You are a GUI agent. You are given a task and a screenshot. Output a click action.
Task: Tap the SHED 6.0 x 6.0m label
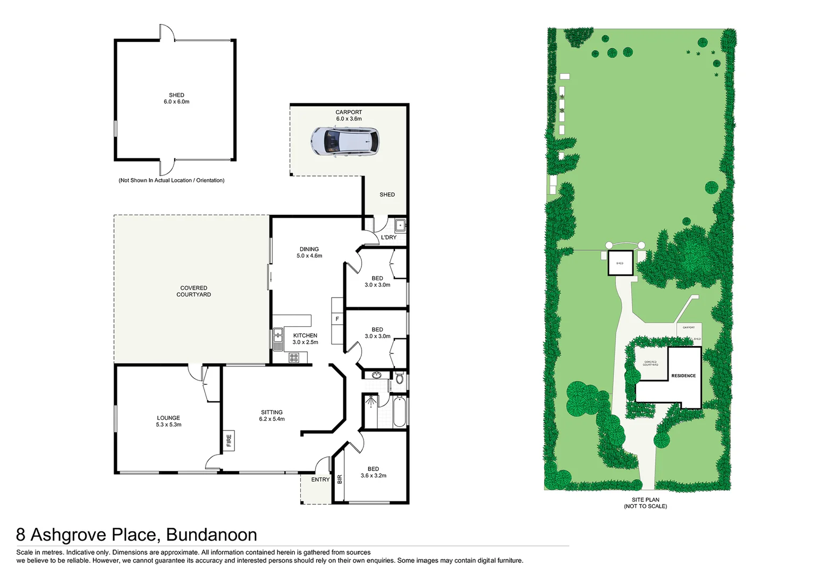[176, 98]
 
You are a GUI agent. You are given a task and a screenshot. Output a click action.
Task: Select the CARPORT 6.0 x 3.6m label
[349, 115]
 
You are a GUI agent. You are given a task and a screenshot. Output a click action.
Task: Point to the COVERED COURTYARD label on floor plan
[193, 291]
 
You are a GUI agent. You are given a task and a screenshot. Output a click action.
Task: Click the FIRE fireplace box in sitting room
[229, 440]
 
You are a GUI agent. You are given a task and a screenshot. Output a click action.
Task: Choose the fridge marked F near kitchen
[337, 319]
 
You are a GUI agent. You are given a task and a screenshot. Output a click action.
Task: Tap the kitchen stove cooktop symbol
[294, 358]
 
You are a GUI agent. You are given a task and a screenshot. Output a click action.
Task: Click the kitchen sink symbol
[278, 339]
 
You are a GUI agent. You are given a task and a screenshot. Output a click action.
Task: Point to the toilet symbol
[400, 379]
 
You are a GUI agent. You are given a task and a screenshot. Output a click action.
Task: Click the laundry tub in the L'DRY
[400, 225]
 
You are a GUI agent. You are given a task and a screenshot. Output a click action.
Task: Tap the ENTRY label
[320, 479]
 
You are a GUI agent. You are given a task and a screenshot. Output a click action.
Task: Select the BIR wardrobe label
[340, 479]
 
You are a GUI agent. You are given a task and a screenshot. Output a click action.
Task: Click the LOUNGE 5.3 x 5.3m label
[168, 421]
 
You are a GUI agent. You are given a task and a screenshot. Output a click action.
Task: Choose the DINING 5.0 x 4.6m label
[309, 252]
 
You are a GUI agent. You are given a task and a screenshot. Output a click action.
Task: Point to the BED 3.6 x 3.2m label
[373, 472]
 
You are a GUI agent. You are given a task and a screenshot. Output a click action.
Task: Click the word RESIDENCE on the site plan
[683, 376]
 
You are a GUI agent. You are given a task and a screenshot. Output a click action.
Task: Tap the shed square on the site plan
[620, 263]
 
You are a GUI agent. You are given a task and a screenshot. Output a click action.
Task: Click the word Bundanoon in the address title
[212, 534]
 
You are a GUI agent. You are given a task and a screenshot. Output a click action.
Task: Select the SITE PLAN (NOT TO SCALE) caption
[645, 503]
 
